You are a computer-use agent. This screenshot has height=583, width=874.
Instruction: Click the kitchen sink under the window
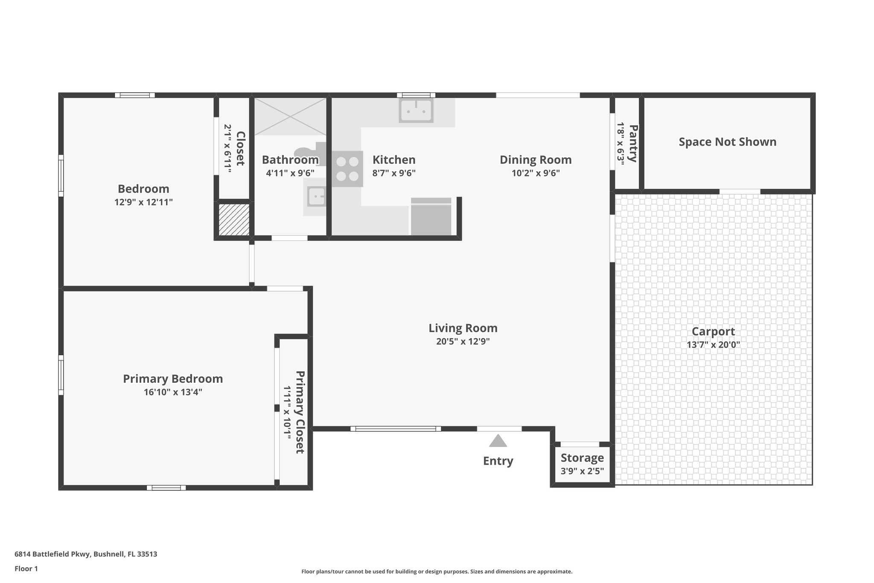(x=416, y=111)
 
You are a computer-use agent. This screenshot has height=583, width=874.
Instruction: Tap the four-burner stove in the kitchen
(x=347, y=169)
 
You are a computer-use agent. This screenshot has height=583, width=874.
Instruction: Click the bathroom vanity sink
(x=316, y=197)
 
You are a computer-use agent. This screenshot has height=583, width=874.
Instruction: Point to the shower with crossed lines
(x=290, y=116)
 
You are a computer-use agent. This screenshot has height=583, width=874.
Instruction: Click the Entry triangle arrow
(x=498, y=441)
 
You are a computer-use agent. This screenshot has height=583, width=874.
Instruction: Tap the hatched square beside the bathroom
(x=234, y=220)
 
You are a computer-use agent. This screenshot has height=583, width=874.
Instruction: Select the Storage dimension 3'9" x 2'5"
(x=582, y=472)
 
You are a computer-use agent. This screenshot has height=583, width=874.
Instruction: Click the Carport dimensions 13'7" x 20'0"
(x=713, y=345)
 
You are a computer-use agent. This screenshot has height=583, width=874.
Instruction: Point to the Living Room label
(x=463, y=328)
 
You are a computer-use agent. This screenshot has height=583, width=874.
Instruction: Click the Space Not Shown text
(x=727, y=142)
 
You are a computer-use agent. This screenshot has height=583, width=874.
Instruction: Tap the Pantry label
(x=633, y=144)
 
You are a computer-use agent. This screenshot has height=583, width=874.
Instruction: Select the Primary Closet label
(x=300, y=412)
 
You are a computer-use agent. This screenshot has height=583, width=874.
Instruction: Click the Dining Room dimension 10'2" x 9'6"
(x=536, y=173)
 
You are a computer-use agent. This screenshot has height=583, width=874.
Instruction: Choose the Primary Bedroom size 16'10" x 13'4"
(x=173, y=392)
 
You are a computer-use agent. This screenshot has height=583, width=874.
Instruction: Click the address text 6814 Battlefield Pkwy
(x=86, y=554)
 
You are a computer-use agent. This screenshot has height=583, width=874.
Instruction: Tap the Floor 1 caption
(x=26, y=568)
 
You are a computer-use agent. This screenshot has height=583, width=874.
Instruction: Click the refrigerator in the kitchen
(x=431, y=217)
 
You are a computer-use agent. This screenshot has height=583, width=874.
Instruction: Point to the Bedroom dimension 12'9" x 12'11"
(x=143, y=202)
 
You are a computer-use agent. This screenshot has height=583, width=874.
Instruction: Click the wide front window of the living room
(x=396, y=429)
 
